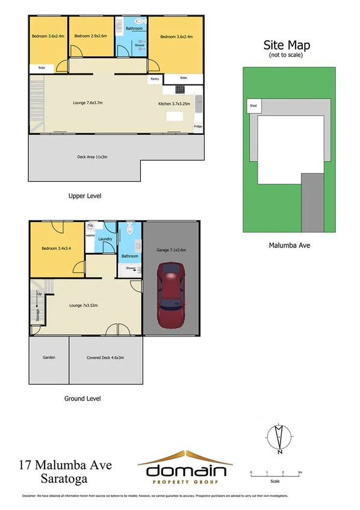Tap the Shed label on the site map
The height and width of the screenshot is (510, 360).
pyautogui.click(x=252, y=107)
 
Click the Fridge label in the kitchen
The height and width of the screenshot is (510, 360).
pyautogui.click(x=197, y=126)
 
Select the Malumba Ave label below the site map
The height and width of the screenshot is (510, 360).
pyautogui.click(x=288, y=245)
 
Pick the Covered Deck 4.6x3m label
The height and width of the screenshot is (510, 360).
pyautogui.click(x=106, y=358)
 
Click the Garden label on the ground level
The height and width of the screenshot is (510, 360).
pyautogui.click(x=49, y=358)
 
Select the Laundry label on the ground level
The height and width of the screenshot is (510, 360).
pyautogui.click(x=107, y=239)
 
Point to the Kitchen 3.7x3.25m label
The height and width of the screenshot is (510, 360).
pyautogui.click(x=173, y=104)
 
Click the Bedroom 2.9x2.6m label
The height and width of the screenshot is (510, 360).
pyautogui.click(x=90, y=36)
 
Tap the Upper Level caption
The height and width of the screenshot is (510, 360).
pyautogui.click(x=84, y=196)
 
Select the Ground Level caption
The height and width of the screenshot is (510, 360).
pyautogui.click(x=82, y=399)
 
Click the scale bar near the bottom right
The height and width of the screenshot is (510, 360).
pyautogui.click(x=275, y=476)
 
